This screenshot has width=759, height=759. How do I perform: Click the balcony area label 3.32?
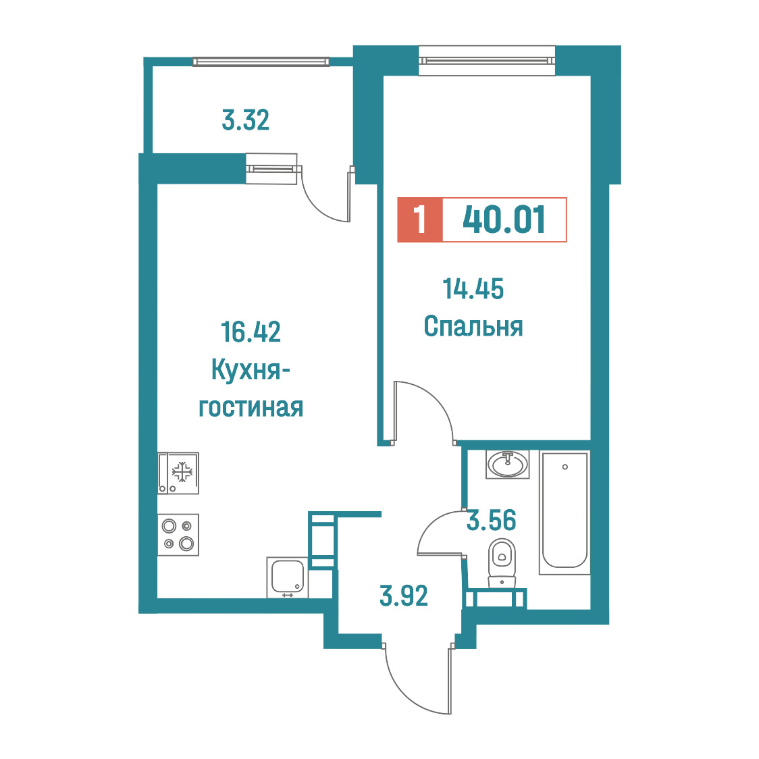(x=245, y=120)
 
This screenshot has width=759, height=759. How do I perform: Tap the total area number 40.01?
(x=504, y=219)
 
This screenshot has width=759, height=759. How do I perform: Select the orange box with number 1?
(x=419, y=219)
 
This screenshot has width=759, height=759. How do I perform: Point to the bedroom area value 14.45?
(x=473, y=288)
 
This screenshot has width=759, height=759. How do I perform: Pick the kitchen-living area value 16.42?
(x=251, y=332)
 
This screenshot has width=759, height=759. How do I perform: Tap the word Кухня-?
(x=251, y=370)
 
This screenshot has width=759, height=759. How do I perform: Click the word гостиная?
(x=251, y=408)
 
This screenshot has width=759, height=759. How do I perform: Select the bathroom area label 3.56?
(x=491, y=520)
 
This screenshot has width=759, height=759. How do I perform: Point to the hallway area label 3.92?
(x=404, y=596)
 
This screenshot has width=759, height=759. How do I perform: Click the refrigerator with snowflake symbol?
(x=178, y=473)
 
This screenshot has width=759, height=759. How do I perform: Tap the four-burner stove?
(x=178, y=534)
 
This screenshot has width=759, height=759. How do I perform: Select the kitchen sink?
(x=287, y=577)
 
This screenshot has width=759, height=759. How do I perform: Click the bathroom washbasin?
(x=507, y=465)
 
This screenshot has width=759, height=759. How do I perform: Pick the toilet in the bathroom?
(x=502, y=563)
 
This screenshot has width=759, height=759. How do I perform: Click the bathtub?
(x=565, y=513)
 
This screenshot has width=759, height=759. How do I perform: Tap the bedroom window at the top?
(x=486, y=61)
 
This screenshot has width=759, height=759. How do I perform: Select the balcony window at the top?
(x=261, y=61)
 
